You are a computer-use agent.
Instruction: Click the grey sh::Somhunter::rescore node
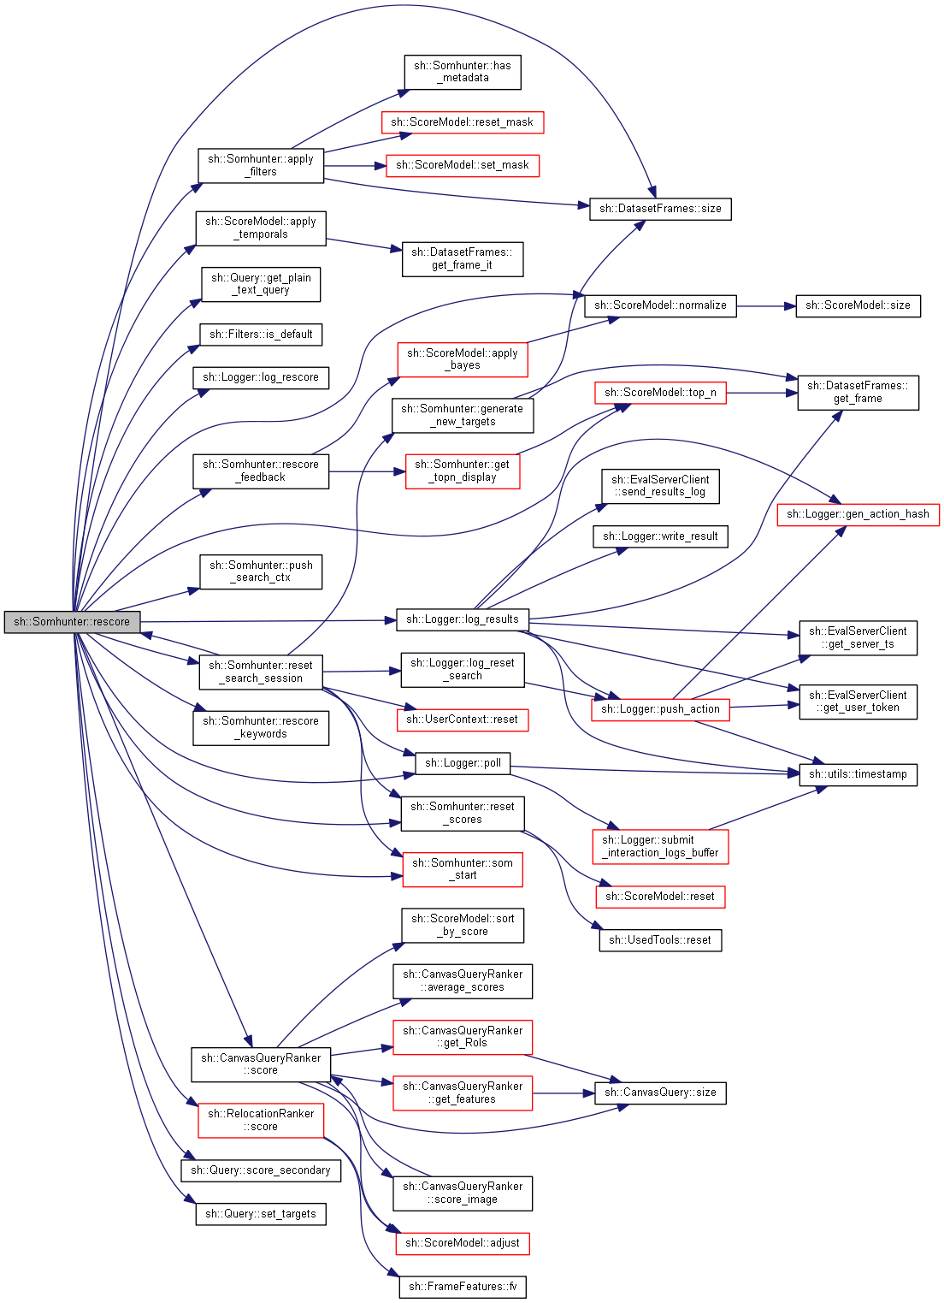point(72,622)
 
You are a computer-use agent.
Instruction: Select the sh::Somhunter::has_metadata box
point(463,72)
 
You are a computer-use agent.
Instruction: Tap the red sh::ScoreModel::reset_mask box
point(463,122)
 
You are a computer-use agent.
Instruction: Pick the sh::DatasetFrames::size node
point(660,209)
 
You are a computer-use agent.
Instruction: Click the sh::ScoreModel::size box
point(858,306)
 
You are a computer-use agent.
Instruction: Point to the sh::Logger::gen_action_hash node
point(858,515)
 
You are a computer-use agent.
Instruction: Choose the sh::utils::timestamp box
point(858,775)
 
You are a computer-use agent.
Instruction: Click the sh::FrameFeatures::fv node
point(463,1286)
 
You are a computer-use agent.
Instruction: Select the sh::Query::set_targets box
point(261,1214)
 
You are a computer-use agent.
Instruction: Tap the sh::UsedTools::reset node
point(660,940)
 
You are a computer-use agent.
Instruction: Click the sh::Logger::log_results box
point(463,619)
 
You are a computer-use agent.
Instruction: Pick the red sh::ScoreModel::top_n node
point(660,393)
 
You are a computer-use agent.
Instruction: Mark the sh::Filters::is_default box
point(261,335)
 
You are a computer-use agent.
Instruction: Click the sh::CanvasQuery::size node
point(660,1093)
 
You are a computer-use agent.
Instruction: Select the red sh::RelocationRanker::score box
point(261,1121)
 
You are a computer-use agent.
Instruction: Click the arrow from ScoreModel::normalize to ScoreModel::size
point(766,306)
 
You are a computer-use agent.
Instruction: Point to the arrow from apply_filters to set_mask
point(355,166)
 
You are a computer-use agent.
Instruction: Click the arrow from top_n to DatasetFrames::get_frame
point(762,394)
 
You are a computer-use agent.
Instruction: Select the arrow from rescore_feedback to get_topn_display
point(368,471)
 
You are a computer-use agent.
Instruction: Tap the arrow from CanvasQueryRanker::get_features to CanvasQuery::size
point(563,1093)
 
